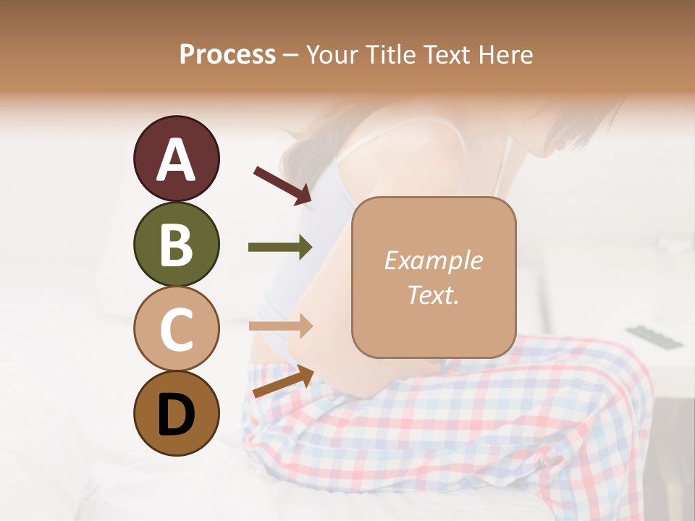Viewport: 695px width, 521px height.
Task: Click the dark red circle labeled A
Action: (x=176, y=159)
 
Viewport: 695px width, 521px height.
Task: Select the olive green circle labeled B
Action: (x=176, y=244)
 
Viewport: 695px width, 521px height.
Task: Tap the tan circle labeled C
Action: (x=176, y=329)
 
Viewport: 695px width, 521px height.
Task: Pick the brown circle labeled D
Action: (x=176, y=413)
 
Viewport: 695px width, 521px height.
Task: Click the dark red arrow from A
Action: (x=282, y=185)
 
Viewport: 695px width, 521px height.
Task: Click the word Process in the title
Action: (x=227, y=54)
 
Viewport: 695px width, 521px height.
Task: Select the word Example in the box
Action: (x=433, y=260)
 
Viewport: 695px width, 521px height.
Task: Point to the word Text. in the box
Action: (x=433, y=295)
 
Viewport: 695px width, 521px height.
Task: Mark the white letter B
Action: (x=176, y=244)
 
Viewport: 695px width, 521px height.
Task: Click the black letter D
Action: (x=176, y=413)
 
